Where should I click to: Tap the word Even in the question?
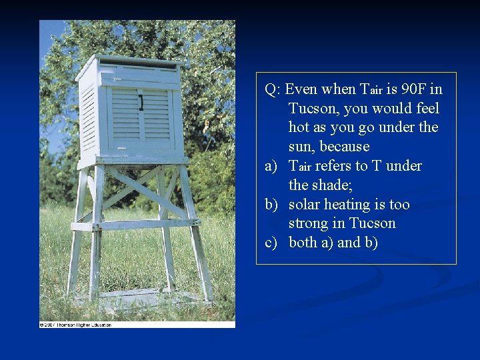[x=303, y=89]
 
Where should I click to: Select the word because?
[x=345, y=146]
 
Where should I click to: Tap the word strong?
[x=310, y=223]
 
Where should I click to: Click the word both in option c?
[x=303, y=242]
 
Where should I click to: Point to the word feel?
[x=425, y=108]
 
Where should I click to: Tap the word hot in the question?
[x=299, y=127]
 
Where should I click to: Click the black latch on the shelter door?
[x=141, y=103]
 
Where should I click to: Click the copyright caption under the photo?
[x=75, y=325]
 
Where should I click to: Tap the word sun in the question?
[x=301, y=146]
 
